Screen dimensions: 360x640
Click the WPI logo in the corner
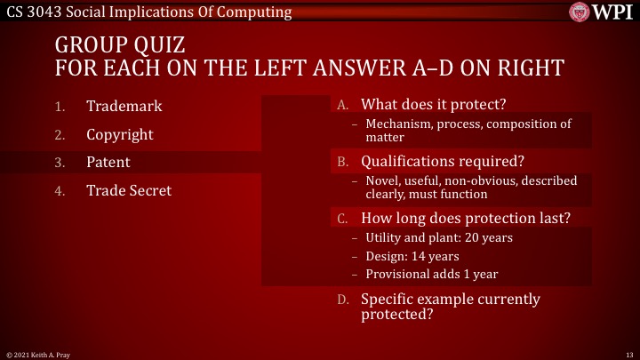pyautogui.click(x=604, y=12)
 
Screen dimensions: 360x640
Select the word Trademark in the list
pyautogui.click(x=124, y=106)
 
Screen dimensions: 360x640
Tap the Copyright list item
pyautogui.click(x=119, y=134)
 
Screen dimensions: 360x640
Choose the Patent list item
pyautogui.click(x=108, y=163)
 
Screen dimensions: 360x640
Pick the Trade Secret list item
pyautogui.click(x=128, y=190)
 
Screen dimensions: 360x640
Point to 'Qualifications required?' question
pyautogui.click(x=443, y=162)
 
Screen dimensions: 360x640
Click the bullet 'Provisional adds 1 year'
pyautogui.click(x=431, y=276)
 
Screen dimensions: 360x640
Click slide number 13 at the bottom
pyautogui.click(x=628, y=355)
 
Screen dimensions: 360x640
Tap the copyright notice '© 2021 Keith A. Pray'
pyautogui.click(x=37, y=355)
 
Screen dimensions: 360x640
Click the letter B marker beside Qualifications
pyautogui.click(x=342, y=163)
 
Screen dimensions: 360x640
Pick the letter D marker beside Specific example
pyautogui.click(x=342, y=300)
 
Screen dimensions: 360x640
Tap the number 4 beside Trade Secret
pyautogui.click(x=60, y=191)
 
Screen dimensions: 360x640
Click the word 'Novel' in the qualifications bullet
pyautogui.click(x=381, y=180)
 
